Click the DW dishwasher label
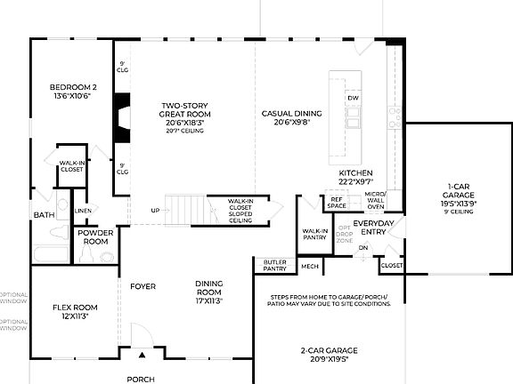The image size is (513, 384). (x=353, y=98)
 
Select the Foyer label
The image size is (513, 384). (x=142, y=287)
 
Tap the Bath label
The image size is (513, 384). (x=43, y=214)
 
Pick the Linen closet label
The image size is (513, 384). (x=82, y=211)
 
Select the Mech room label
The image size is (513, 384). (x=309, y=266)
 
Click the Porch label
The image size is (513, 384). (x=140, y=379)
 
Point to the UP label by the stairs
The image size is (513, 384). (x=155, y=211)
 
